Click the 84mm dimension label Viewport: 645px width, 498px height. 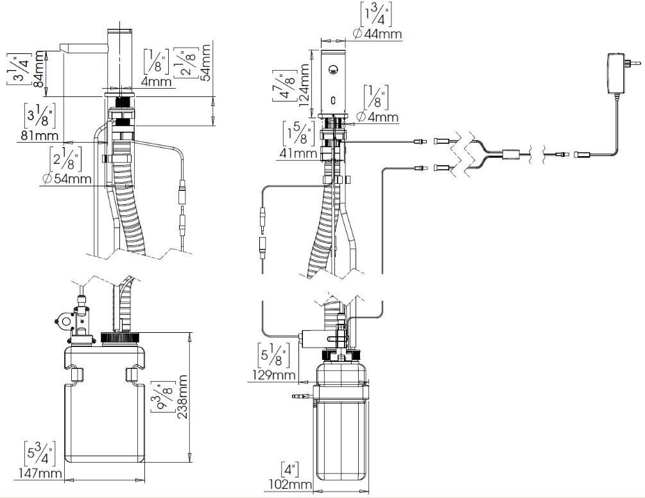[39, 68]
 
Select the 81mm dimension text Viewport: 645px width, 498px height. [39, 135]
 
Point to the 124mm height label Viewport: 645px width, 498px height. [304, 85]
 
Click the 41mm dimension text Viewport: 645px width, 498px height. [298, 154]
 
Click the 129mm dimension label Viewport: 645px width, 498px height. [273, 375]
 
